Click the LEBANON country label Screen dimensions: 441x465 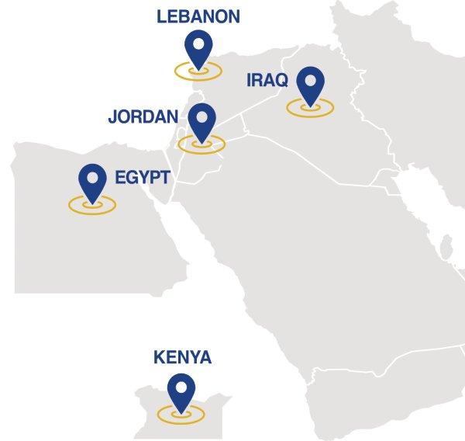click(x=198, y=16)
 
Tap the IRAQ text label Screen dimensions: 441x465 click(x=267, y=79)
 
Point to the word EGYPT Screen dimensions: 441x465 click(x=142, y=178)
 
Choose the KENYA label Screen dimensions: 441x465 click(x=182, y=358)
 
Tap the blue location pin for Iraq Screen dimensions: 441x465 click(x=310, y=85)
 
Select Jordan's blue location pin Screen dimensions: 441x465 click(x=201, y=121)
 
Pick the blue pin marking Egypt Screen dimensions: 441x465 click(x=92, y=183)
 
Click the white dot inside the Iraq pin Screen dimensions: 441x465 click(x=310, y=78)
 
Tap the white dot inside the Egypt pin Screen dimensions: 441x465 click(x=92, y=176)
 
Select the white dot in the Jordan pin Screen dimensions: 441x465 click(x=201, y=114)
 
